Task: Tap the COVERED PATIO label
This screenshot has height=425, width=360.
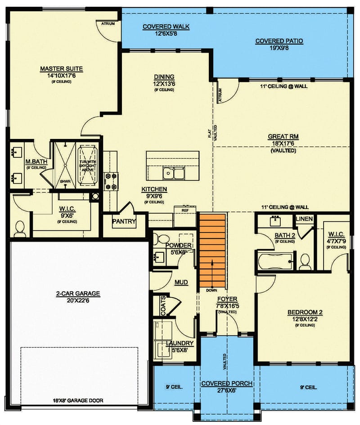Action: (x=279, y=41)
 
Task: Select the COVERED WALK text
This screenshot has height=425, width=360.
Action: (x=166, y=27)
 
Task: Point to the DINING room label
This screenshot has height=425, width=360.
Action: (x=164, y=77)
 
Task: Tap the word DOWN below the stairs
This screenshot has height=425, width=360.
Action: (x=212, y=290)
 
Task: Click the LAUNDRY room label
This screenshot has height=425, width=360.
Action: (x=180, y=343)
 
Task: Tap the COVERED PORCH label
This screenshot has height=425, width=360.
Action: (x=227, y=383)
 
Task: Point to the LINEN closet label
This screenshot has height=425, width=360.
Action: (x=304, y=219)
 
